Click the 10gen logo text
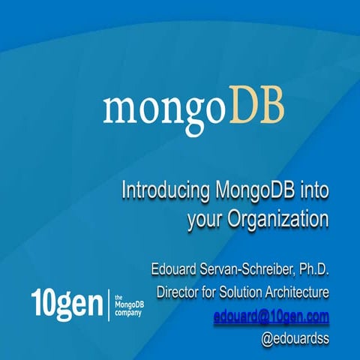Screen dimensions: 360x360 [67, 304]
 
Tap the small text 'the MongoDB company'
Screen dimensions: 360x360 [128, 304]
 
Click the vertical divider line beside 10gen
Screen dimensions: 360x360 [110, 304]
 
